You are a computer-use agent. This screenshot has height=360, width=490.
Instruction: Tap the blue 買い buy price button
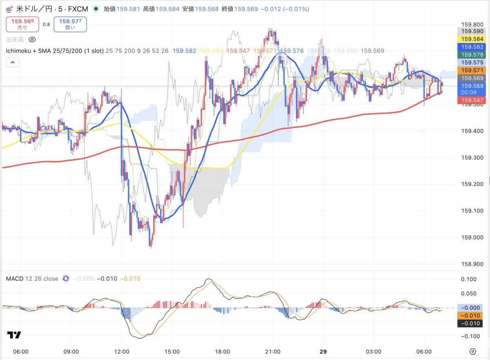click(70, 24)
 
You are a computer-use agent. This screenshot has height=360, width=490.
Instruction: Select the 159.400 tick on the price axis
click(472, 131)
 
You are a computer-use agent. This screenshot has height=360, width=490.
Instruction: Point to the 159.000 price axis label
click(472, 237)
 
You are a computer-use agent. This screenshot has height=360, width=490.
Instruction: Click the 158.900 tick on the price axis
click(472, 264)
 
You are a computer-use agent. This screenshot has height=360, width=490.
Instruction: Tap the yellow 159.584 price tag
click(472, 39)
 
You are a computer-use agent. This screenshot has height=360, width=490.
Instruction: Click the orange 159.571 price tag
click(472, 70)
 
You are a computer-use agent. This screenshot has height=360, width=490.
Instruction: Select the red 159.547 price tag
click(472, 100)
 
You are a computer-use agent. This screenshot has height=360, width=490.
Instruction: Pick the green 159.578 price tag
click(472, 54)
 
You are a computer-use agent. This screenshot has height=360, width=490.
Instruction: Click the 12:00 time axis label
click(122, 351)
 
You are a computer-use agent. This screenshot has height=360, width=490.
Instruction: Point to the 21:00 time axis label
click(272, 351)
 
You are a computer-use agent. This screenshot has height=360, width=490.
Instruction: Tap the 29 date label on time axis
click(323, 351)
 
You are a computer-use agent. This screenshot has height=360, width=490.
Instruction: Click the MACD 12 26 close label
click(32, 279)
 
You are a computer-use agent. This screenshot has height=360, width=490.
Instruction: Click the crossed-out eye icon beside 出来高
click(33, 40)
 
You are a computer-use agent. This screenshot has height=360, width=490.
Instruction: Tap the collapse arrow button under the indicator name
click(13, 63)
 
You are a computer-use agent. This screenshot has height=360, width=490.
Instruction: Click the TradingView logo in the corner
click(14, 335)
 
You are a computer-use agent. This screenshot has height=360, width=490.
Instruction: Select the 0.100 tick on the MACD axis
click(469, 279)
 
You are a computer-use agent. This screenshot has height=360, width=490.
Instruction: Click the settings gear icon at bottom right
click(473, 351)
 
